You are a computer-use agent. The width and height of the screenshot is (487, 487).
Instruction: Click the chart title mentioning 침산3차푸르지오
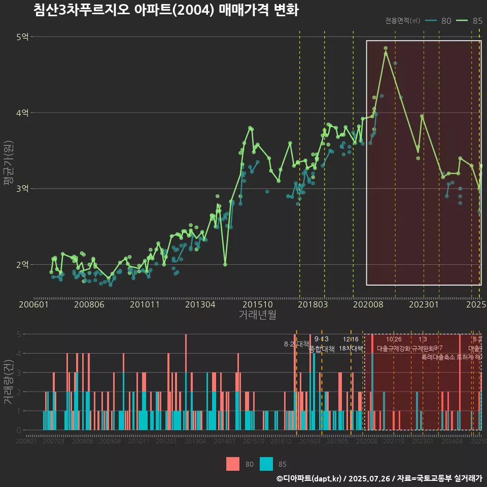tap(166, 10)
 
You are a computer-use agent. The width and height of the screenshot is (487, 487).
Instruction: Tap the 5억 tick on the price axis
tap(23, 37)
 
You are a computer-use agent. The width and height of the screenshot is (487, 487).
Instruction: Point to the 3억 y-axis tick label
tap(23, 189)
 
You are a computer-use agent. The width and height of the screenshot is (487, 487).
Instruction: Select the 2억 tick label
tap(23, 264)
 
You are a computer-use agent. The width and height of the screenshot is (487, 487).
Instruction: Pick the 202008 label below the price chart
tap(367, 305)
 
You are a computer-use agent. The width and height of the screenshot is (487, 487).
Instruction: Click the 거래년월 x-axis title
tap(257, 315)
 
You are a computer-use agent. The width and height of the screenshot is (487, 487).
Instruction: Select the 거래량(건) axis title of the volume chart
tap(8, 382)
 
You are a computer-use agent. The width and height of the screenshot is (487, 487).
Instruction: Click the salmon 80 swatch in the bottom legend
tap(233, 464)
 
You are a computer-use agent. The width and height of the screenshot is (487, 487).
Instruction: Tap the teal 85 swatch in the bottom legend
tap(266, 464)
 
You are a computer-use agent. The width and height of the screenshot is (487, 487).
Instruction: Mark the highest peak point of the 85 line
tap(386, 48)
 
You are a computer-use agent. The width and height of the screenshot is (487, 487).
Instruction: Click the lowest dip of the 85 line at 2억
tap(225, 264)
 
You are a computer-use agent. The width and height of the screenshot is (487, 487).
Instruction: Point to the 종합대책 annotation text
tap(322, 349)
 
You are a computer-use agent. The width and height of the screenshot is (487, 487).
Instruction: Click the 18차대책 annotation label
tap(351, 349)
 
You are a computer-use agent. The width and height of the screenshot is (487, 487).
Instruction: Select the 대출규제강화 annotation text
tap(393, 349)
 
